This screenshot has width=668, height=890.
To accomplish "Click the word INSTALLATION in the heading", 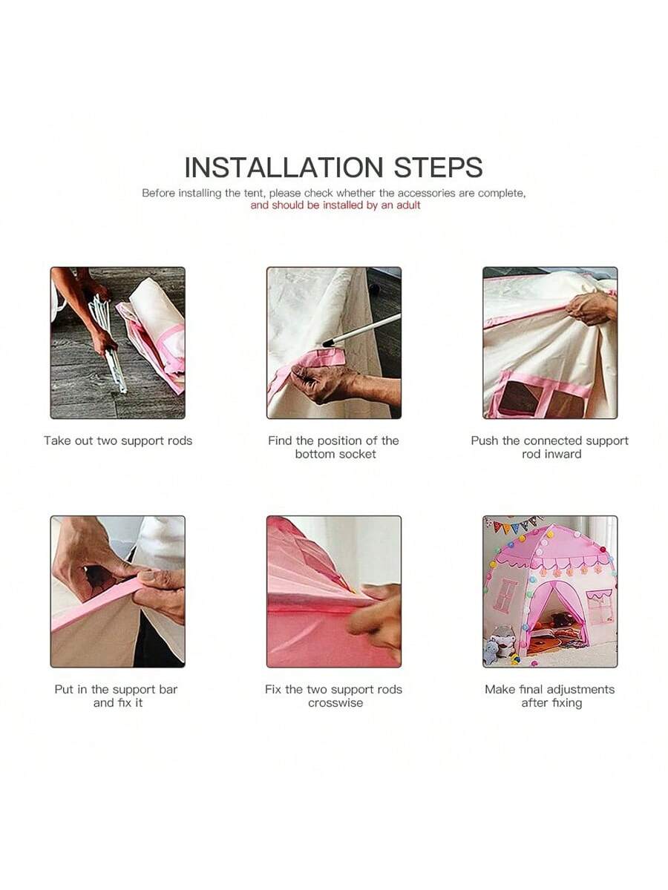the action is (x=284, y=168).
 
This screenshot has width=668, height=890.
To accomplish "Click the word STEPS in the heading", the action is (x=439, y=168).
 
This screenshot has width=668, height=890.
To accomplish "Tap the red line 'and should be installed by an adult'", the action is (x=335, y=205).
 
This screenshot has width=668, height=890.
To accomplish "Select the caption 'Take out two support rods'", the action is (x=118, y=441).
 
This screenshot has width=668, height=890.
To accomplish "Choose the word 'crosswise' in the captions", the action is (x=335, y=702).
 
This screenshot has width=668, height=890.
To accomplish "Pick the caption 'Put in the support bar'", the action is (x=116, y=690).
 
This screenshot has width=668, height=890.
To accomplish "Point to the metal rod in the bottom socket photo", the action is (x=361, y=329).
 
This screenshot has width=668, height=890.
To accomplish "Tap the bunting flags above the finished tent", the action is (x=512, y=526).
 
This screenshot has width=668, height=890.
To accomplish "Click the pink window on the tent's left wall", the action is (x=505, y=594).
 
